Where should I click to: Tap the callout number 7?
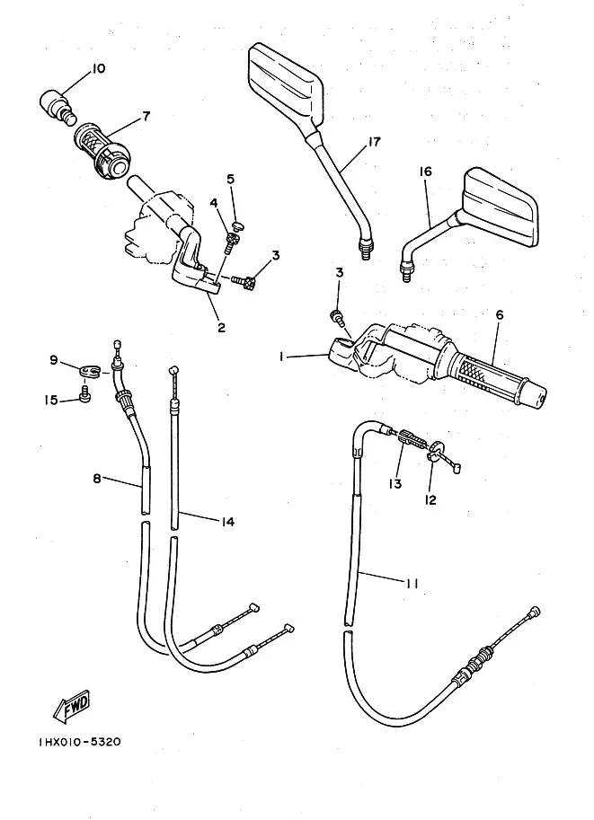(x=146, y=115)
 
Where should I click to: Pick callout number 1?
(x=282, y=357)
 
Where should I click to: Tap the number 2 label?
(x=221, y=327)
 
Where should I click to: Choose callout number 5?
(x=231, y=179)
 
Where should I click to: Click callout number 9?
(x=54, y=362)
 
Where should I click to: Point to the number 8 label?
(x=96, y=480)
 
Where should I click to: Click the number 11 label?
(x=412, y=583)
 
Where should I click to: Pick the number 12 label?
(x=430, y=499)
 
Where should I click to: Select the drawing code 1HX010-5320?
(x=67, y=742)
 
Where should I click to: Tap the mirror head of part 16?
(x=502, y=207)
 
